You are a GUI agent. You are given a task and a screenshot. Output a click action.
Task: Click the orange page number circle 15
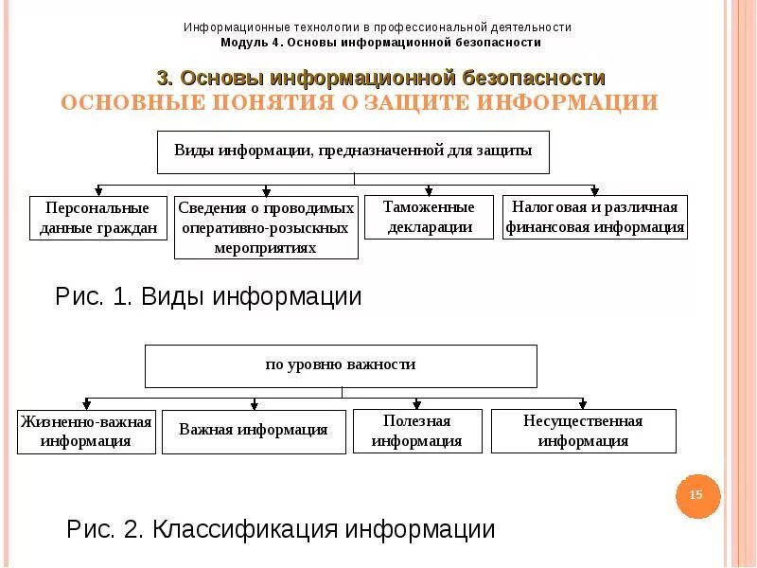tap(697, 495)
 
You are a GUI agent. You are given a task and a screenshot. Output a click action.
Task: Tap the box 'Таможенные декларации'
tap(429, 217)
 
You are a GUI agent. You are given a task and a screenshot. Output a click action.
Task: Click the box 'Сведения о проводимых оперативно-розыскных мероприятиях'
tap(266, 227)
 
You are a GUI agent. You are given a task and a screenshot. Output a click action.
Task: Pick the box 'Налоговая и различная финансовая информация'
tap(594, 217)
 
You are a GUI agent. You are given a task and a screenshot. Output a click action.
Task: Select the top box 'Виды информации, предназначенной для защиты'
tap(353, 151)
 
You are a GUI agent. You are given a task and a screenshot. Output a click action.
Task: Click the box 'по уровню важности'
tap(340, 365)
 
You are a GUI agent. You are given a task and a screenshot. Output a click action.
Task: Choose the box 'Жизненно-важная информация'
tap(86, 432)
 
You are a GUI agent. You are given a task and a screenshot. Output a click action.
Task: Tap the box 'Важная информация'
tap(254, 431)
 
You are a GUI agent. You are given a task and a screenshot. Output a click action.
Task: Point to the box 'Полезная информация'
tap(416, 431)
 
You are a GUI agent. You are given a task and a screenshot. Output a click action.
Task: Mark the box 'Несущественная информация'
tap(584, 431)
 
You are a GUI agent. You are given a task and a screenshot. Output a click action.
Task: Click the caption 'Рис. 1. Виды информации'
tap(208, 297)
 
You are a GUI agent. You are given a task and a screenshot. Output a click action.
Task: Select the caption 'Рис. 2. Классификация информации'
tap(280, 529)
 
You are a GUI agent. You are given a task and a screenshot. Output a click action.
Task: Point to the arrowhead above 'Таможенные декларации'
tap(429, 190)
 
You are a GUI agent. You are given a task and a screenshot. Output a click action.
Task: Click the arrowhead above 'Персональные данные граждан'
tap(98, 190)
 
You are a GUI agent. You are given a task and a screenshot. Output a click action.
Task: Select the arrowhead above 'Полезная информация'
tap(417, 403)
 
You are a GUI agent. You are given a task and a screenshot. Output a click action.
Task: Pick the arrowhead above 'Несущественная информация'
tap(583, 403)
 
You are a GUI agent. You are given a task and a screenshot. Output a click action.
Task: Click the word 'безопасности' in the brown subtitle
tap(534, 78)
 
